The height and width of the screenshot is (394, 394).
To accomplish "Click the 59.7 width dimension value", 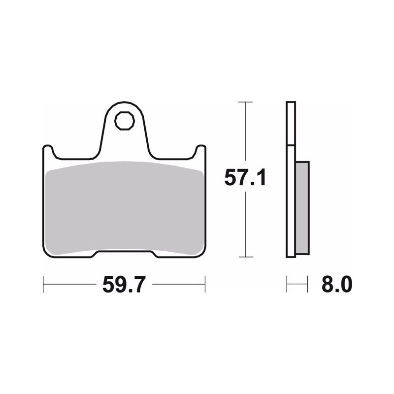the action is click(x=124, y=285).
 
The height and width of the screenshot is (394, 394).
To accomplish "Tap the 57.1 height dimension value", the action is click(x=245, y=177).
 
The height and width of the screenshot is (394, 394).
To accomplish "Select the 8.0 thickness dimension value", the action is click(x=337, y=285).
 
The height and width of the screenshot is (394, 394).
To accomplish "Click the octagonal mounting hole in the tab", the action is click(x=125, y=121).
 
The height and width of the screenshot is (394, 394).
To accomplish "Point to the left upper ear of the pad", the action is click(x=48, y=150).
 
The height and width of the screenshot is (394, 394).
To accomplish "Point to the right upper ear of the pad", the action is click(x=201, y=150).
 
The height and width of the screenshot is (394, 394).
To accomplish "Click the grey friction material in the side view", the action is click(x=302, y=208).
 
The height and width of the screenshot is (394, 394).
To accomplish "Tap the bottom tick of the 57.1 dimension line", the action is click(x=245, y=257).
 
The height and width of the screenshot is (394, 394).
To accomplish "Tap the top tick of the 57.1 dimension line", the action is click(x=245, y=102).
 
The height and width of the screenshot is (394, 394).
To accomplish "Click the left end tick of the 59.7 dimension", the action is click(x=43, y=284).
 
